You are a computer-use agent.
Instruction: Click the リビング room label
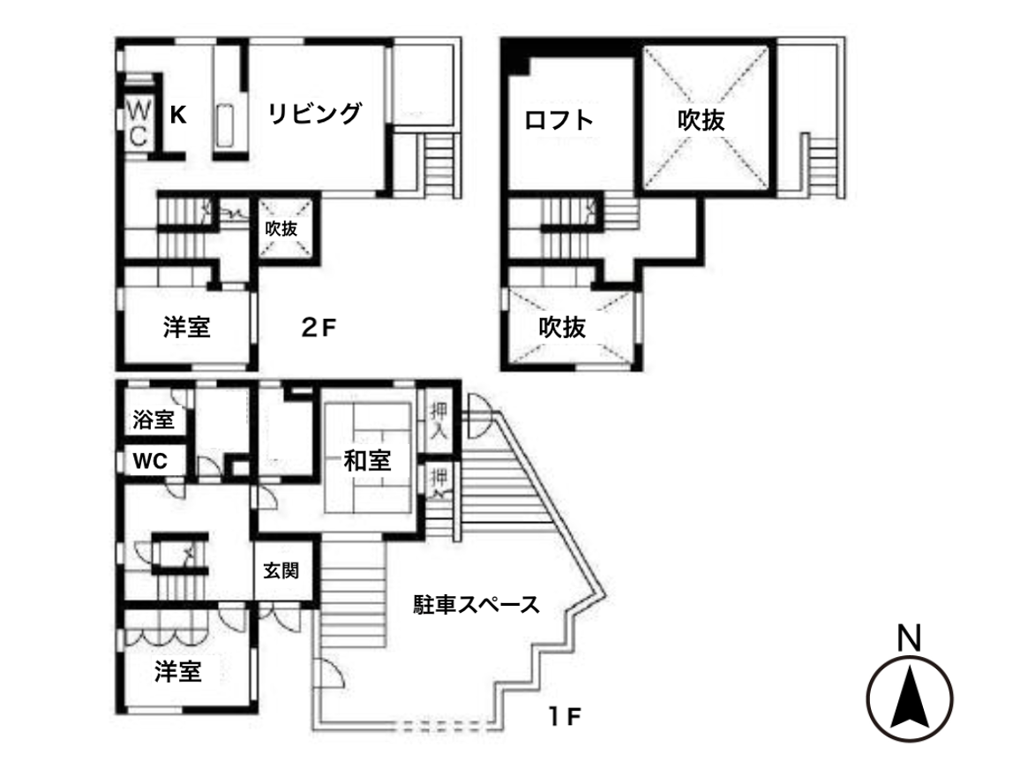(x=315, y=114)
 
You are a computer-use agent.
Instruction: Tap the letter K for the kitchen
(x=177, y=114)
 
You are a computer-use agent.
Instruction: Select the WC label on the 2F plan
(x=139, y=123)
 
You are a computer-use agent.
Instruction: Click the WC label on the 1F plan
(x=151, y=461)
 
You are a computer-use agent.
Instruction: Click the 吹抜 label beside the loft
(x=701, y=120)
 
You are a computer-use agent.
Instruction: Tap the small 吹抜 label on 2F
(x=281, y=228)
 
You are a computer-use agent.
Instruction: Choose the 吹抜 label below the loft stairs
(x=562, y=328)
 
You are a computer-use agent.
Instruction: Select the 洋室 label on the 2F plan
(x=186, y=327)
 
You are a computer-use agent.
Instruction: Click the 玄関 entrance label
(x=281, y=570)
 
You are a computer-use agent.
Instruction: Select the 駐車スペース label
(x=476, y=605)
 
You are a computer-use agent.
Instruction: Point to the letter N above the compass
(x=909, y=637)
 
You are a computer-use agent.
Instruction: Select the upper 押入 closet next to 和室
(x=439, y=420)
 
